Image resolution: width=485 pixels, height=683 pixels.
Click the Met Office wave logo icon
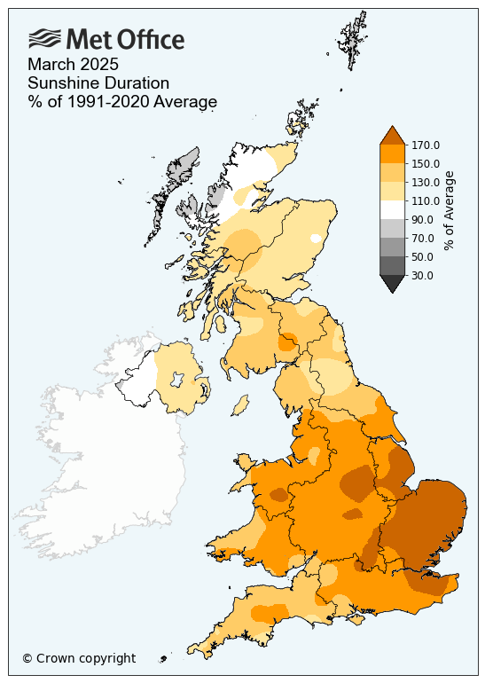coord(45,39)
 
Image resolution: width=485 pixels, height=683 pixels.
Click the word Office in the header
coord(152,40)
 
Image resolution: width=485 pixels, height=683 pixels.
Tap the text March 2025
coord(74,65)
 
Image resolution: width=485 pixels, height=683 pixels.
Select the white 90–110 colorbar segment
coord(393,210)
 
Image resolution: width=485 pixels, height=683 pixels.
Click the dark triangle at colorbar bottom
coord(393,283)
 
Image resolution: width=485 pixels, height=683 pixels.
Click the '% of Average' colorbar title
coord(449,210)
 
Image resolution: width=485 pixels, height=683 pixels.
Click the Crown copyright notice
coord(79,658)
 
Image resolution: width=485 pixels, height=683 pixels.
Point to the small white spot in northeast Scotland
coord(316,238)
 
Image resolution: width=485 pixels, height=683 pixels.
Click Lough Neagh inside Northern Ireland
coord(176,380)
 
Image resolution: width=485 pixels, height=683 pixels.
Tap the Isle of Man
coord(239,405)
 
